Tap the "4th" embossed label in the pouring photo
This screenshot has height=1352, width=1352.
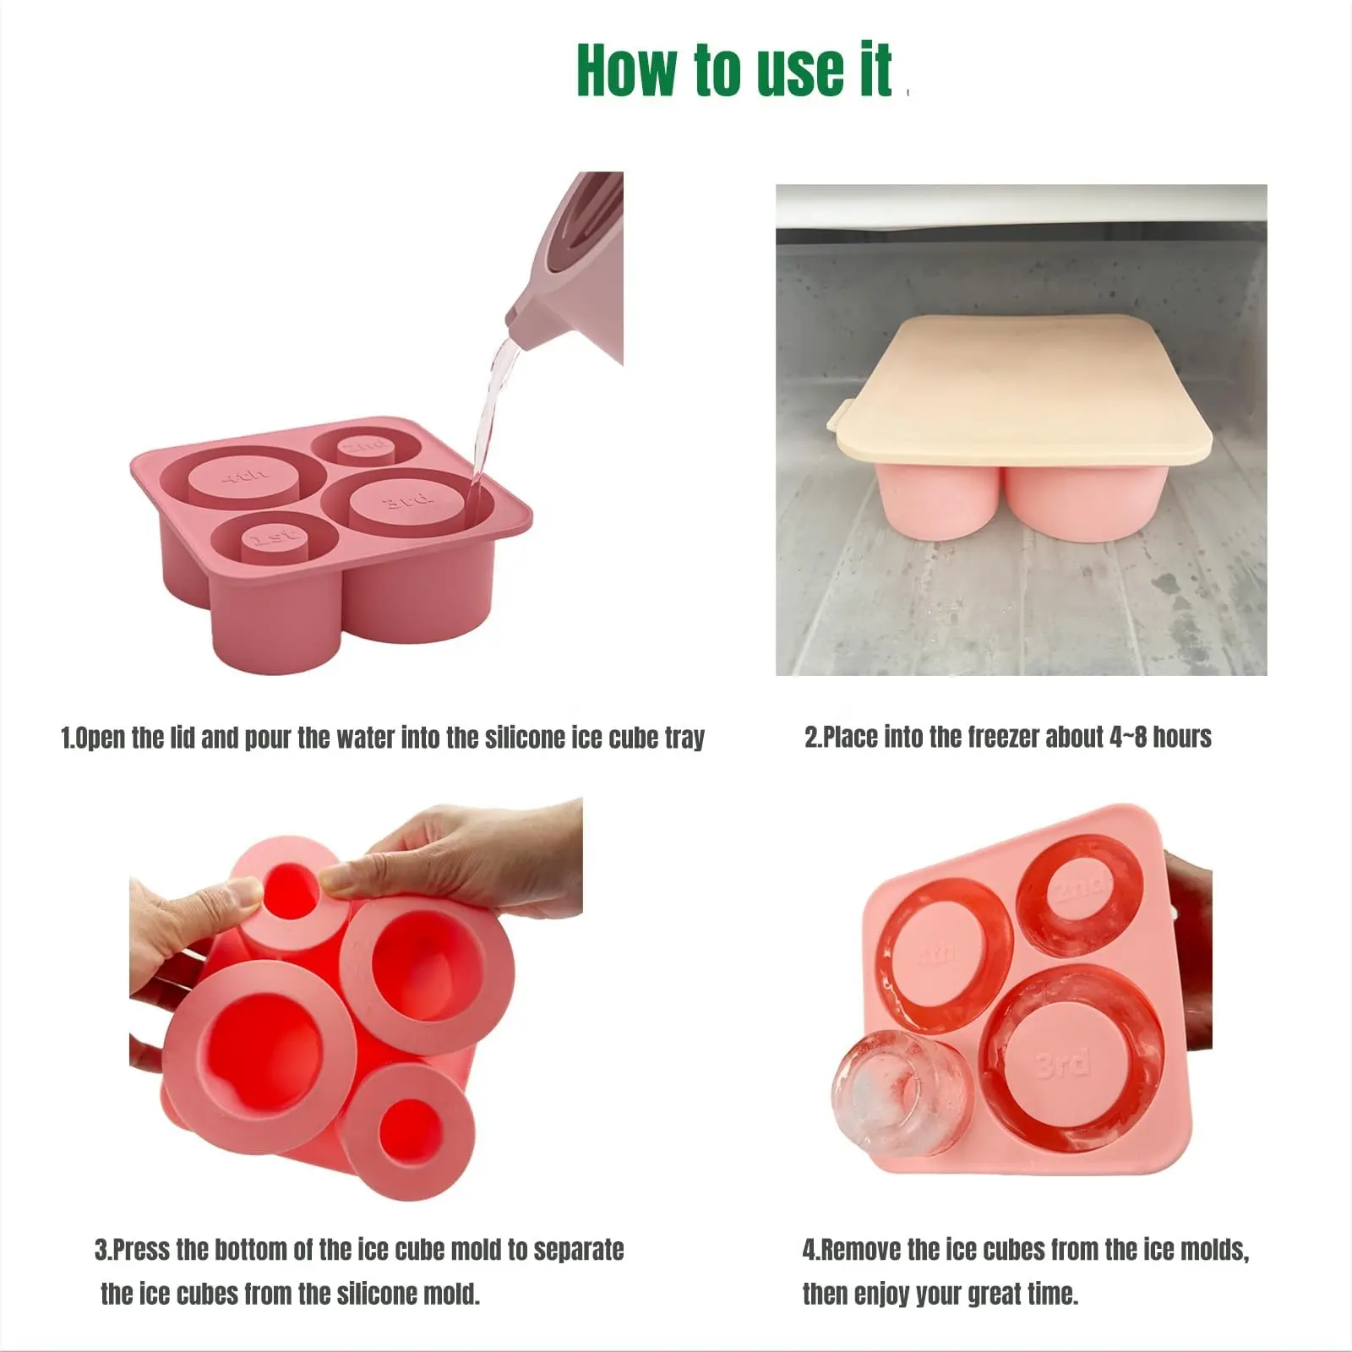[245, 479]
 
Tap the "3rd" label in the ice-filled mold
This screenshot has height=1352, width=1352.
[1061, 1063]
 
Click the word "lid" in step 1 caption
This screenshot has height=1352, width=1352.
[183, 737]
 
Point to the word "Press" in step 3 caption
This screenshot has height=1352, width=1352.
[143, 1249]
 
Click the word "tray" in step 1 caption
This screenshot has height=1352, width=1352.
[684, 739]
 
